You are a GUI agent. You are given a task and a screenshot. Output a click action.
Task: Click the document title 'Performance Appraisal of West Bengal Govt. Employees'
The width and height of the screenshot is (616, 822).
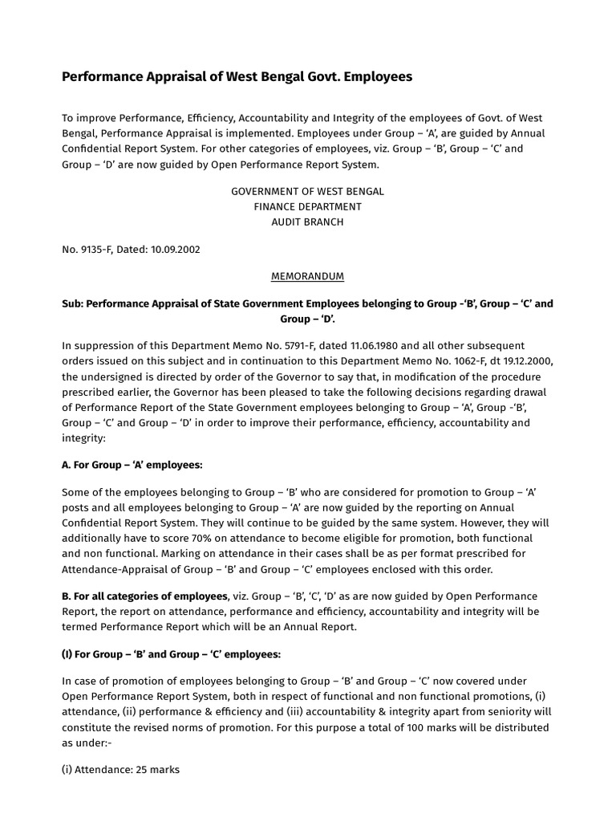237,77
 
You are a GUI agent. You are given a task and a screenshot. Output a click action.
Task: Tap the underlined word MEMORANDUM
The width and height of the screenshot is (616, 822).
307,276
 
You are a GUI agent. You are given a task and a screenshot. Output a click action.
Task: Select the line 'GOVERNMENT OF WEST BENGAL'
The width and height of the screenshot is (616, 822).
307,192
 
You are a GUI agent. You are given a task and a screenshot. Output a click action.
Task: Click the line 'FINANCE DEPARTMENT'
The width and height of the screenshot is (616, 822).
307,207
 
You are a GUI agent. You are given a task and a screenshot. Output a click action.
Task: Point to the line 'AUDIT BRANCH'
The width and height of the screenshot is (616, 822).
307,222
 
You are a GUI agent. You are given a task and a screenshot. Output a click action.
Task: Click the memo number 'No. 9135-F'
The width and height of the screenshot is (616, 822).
88,249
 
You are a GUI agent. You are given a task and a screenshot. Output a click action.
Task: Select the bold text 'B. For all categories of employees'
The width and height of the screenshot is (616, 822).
144,596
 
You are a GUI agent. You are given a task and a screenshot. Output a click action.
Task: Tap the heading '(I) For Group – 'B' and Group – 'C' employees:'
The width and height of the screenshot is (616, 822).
171,654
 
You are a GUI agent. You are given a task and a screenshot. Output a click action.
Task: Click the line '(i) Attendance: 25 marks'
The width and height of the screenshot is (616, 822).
120,770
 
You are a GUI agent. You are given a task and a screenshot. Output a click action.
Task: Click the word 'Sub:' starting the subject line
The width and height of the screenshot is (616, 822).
73,304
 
